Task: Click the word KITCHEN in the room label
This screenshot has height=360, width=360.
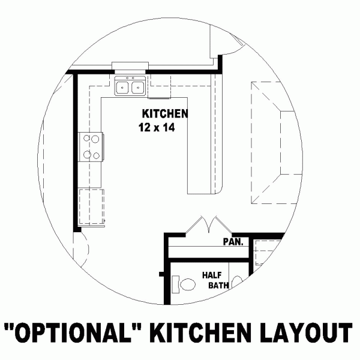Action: click(x=165, y=113)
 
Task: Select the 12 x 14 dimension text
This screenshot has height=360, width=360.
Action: click(x=156, y=127)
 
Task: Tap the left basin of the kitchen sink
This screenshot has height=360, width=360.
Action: click(x=123, y=88)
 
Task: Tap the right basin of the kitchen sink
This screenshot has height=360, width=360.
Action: click(x=137, y=88)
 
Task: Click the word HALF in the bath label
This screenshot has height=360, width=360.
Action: click(x=212, y=275)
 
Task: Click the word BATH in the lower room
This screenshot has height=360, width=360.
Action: click(x=218, y=286)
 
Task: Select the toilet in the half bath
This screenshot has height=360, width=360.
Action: click(x=185, y=283)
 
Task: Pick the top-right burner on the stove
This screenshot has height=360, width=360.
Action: click(x=95, y=139)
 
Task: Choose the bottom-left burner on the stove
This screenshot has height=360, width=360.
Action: click(x=86, y=155)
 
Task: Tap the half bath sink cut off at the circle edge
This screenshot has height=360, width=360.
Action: click(x=237, y=281)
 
